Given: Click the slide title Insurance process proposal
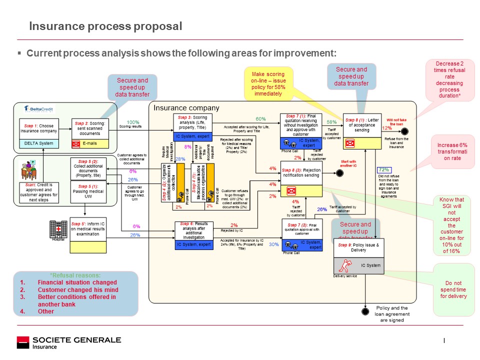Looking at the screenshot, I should click(x=105, y=26).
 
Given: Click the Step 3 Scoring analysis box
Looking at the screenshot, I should click(x=192, y=123).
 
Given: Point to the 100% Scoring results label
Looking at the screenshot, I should click(x=133, y=124).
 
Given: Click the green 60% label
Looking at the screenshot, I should click(x=260, y=119).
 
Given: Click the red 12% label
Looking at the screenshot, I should click(x=386, y=128).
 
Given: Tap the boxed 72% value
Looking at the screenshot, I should click(x=384, y=170).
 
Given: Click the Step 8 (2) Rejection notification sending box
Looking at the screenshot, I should click(x=301, y=172).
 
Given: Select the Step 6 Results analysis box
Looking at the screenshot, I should click(x=194, y=230).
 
